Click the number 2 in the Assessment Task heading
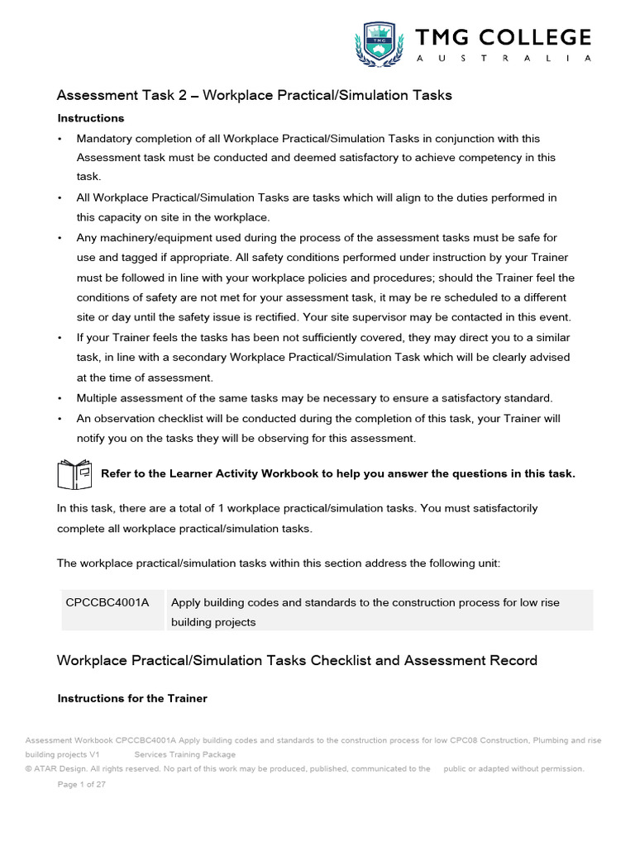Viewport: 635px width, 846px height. tap(183, 95)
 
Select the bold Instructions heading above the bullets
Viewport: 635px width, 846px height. tap(90, 118)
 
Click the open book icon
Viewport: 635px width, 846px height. tap(74, 474)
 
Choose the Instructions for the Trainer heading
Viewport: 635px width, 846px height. tap(131, 698)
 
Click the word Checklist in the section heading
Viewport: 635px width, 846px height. tap(341, 660)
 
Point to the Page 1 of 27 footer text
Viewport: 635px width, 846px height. tap(81, 785)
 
